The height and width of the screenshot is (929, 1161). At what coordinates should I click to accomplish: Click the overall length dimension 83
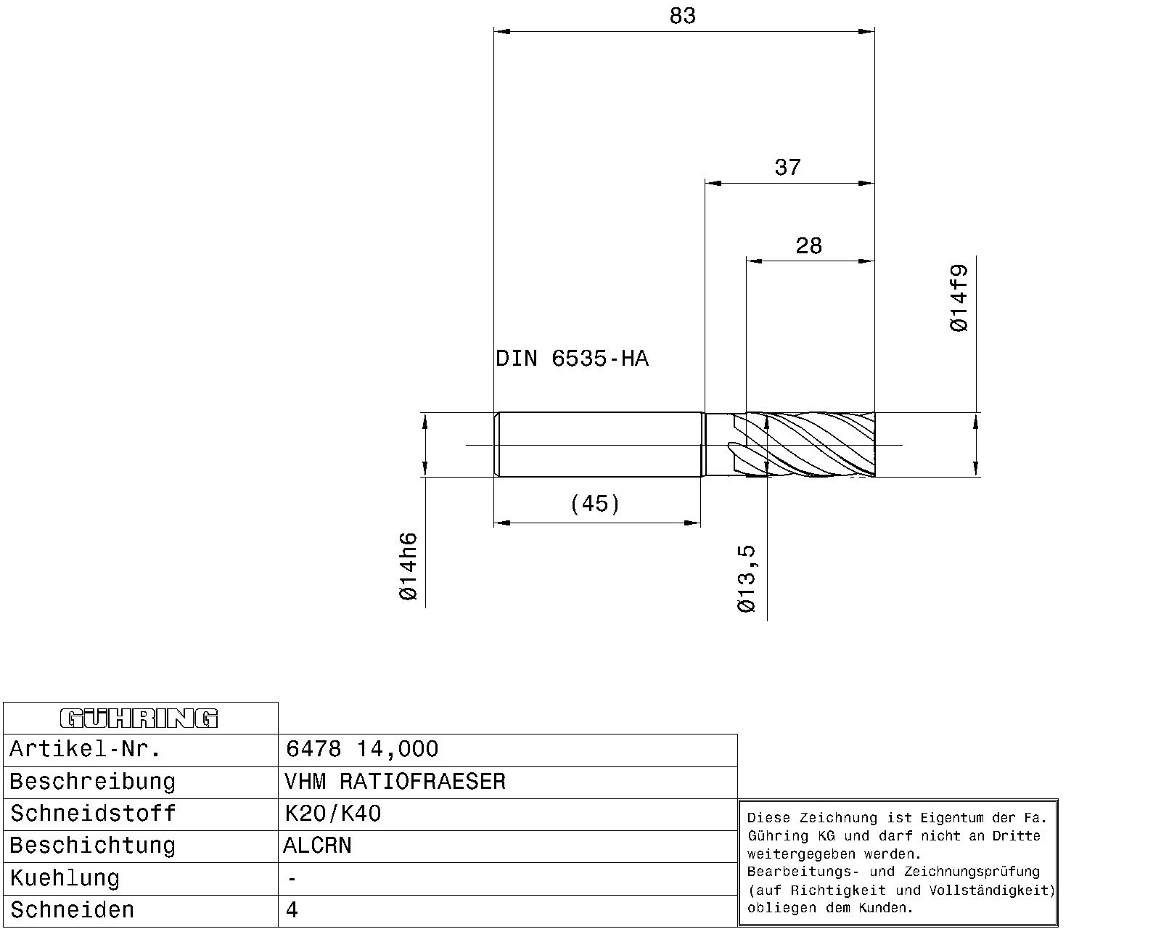click(683, 16)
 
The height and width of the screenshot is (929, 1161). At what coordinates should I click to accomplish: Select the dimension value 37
click(788, 168)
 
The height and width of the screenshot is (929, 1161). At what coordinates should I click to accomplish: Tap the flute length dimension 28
click(808, 246)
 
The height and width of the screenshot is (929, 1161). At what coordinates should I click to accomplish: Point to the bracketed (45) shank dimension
click(594, 504)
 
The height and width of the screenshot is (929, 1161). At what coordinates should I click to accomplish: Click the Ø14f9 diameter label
click(959, 298)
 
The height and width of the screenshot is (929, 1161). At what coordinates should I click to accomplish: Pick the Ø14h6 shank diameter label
click(409, 566)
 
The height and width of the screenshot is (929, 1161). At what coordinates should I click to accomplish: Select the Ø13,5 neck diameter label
click(747, 578)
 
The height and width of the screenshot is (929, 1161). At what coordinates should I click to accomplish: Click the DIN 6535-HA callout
click(572, 359)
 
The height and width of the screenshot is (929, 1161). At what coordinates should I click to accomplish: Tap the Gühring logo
click(139, 719)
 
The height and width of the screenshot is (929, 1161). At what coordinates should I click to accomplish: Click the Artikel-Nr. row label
click(85, 749)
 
